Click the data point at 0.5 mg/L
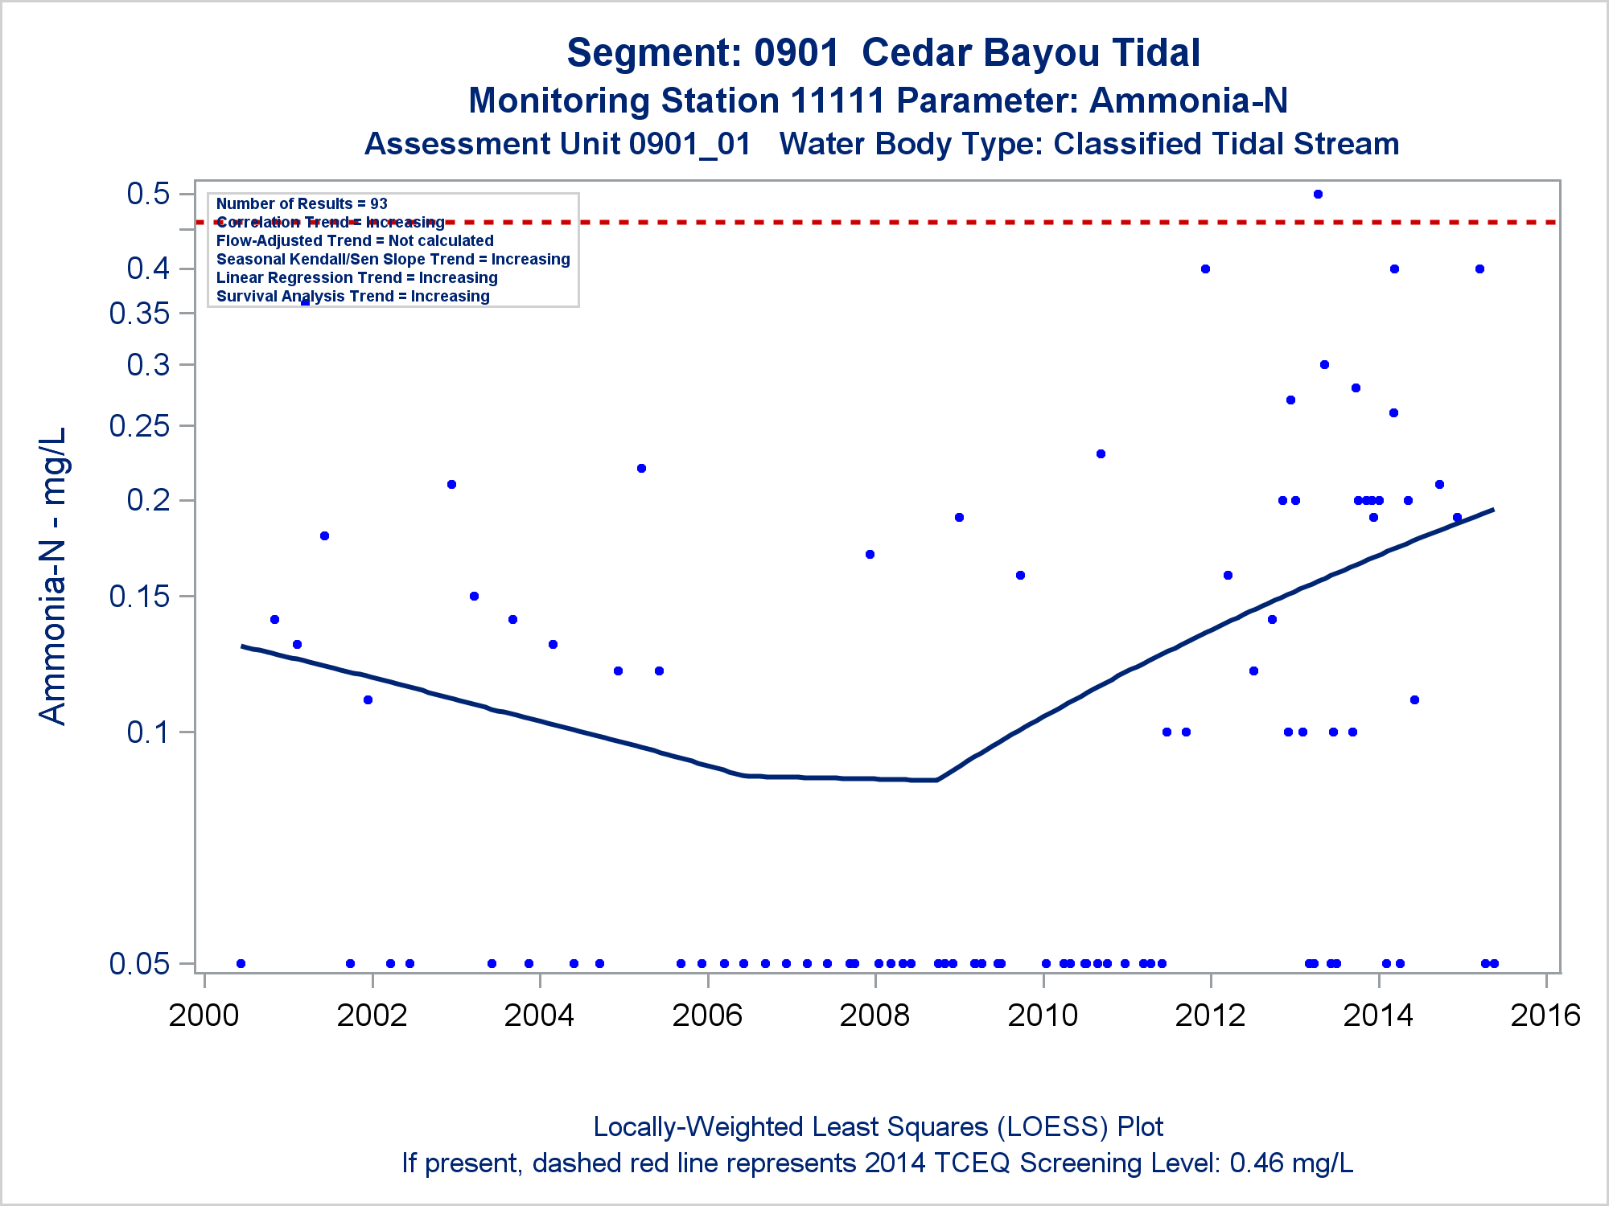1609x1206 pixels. pyautogui.click(x=1318, y=195)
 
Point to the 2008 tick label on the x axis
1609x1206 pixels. pyautogui.click(x=874, y=1015)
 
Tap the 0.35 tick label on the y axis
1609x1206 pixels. pyautogui.click(x=140, y=314)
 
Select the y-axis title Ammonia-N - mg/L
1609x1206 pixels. pyautogui.click(x=53, y=576)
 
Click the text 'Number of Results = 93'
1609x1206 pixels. pyautogui.click(x=302, y=204)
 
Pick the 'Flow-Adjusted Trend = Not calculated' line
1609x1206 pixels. pyautogui.click(x=355, y=241)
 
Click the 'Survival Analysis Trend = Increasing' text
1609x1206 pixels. pyautogui.click(x=352, y=297)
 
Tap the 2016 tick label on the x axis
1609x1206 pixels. pyautogui.click(x=1545, y=1015)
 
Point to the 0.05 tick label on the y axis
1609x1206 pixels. pyautogui.click(x=140, y=963)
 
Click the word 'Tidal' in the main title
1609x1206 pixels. pyautogui.click(x=1157, y=54)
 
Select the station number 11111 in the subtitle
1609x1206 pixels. pyautogui.click(x=837, y=101)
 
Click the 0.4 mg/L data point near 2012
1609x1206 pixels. pyautogui.click(x=1205, y=269)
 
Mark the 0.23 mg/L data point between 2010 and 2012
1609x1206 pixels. pyautogui.click(x=1101, y=454)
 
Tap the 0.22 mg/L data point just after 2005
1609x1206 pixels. pyautogui.click(x=641, y=469)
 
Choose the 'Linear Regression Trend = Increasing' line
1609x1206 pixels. pyautogui.click(x=356, y=278)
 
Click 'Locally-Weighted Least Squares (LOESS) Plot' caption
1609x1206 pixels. pyautogui.click(x=878, y=1127)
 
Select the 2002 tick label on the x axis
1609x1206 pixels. pyautogui.click(x=372, y=1015)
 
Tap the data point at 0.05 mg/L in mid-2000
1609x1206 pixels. pyautogui.click(x=241, y=963)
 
